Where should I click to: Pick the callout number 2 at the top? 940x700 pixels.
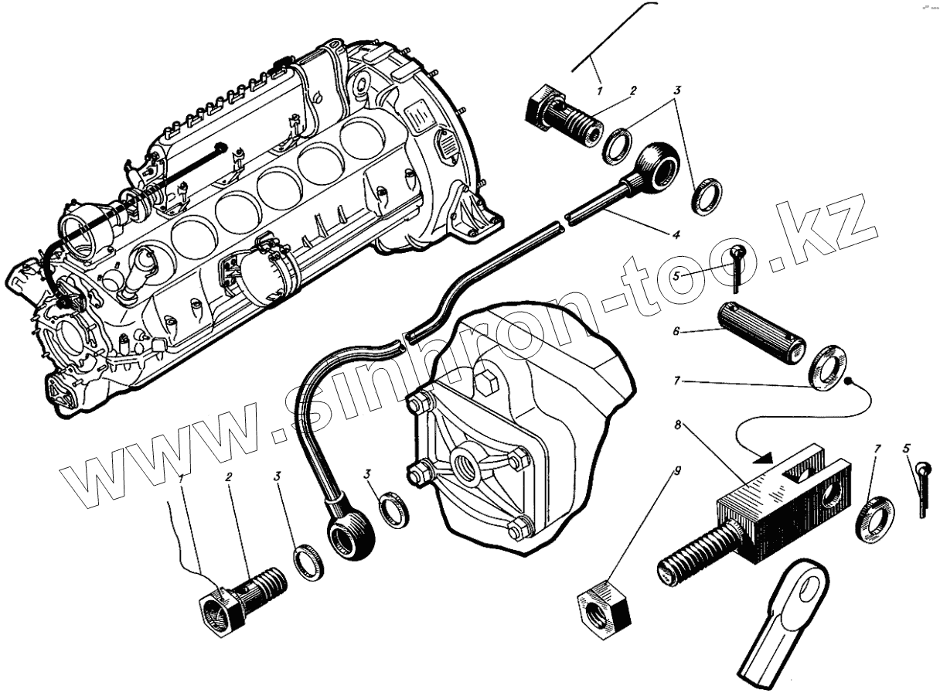click(632, 91)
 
